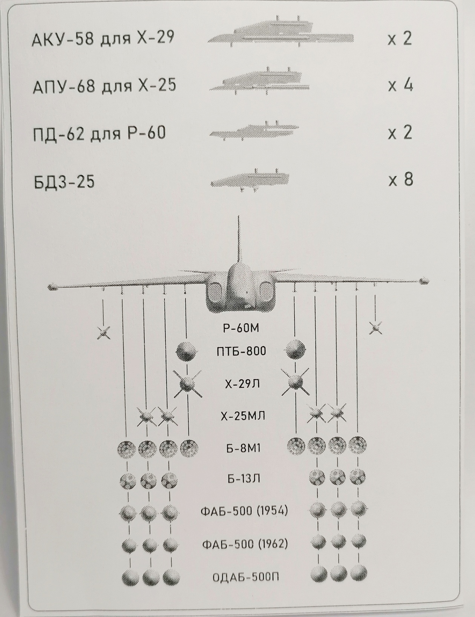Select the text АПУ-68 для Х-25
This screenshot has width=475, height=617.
104,86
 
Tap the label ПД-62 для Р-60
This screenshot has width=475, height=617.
99,133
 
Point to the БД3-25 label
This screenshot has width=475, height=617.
64,182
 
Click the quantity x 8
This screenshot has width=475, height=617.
401,180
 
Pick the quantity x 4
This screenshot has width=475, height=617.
400,86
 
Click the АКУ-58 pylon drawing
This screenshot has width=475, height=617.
280,34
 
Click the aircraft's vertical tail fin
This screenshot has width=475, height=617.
239,241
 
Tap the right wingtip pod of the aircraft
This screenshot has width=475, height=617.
424,281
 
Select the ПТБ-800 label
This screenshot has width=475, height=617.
241,352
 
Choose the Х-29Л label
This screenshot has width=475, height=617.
242,384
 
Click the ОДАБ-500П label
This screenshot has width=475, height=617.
246,577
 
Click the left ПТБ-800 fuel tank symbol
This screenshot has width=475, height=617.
186,351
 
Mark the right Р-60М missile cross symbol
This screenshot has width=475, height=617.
375,328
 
